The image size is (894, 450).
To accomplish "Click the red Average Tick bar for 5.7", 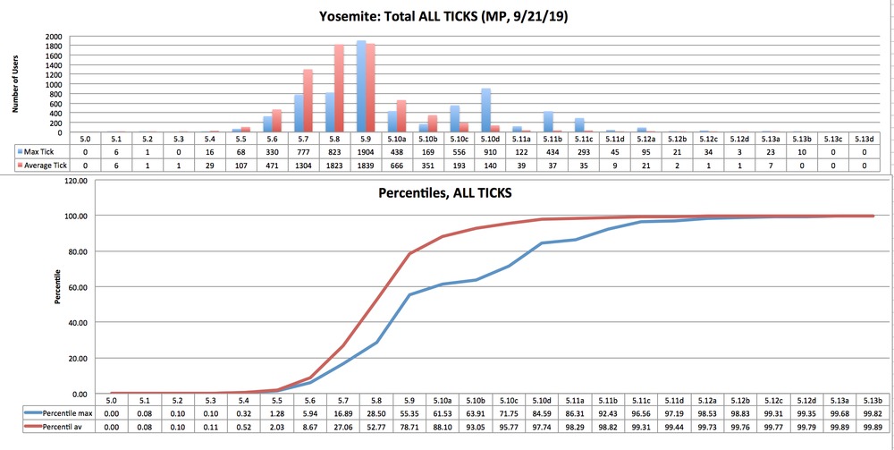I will (308, 101).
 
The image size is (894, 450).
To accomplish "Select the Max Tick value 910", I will (490, 153).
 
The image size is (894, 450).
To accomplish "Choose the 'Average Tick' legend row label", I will (45, 166).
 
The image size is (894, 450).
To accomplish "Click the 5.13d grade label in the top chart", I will (863, 140).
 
